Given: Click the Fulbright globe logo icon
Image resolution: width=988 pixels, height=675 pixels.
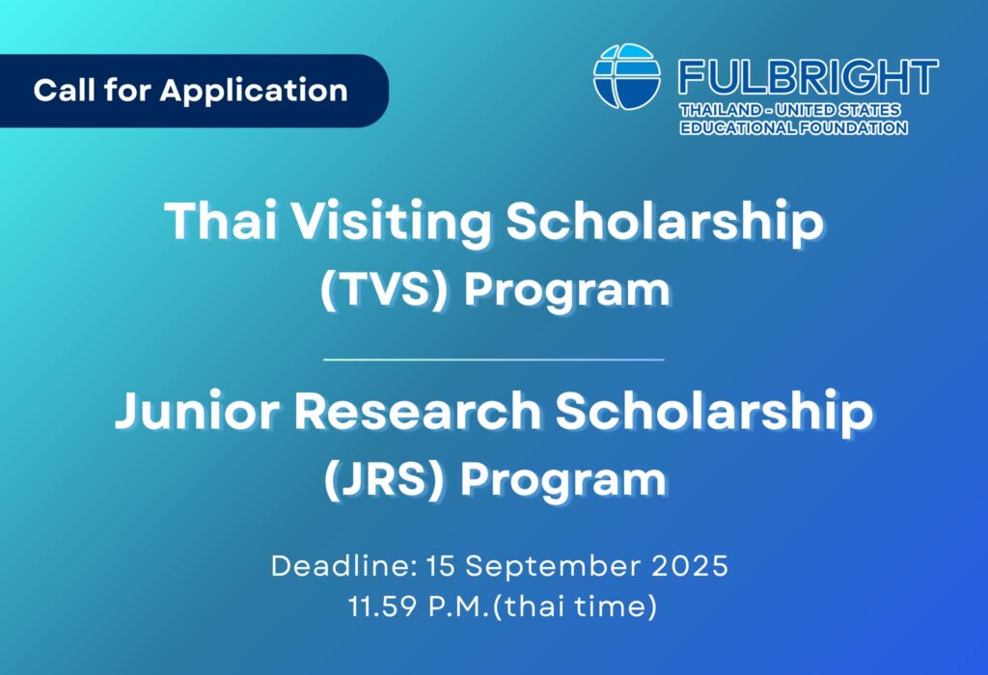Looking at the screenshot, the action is [627, 76].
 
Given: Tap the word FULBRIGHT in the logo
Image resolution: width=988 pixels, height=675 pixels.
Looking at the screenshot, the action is [809, 77].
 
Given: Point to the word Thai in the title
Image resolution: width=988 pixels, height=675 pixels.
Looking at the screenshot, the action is [221, 221].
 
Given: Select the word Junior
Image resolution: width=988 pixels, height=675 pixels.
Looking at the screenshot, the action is [197, 411].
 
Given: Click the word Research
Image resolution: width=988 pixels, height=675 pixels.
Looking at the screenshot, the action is [417, 411].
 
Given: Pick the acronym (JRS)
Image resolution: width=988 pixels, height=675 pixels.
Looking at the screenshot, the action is [384, 480].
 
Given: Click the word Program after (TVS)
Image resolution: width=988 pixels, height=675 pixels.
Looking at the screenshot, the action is [567, 291].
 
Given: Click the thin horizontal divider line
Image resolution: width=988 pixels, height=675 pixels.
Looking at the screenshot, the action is [494, 360].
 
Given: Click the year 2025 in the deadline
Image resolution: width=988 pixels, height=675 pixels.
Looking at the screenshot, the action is [689, 565].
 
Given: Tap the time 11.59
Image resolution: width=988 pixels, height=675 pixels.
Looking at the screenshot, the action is [382, 607].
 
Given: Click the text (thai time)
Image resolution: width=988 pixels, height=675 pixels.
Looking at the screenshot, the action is [575, 607].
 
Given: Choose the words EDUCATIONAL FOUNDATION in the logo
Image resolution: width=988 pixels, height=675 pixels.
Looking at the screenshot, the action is [793, 128].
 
